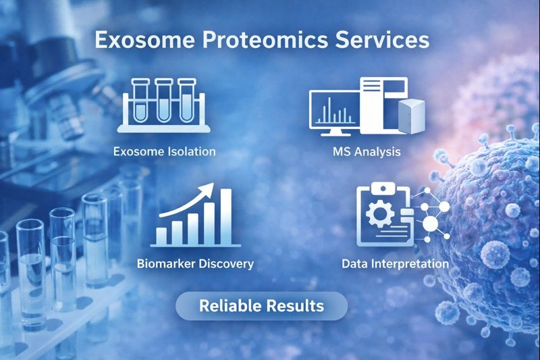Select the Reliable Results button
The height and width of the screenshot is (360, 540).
click(x=261, y=306)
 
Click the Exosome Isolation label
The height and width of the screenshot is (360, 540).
click(x=165, y=151)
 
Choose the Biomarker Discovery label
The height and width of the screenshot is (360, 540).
click(x=195, y=263)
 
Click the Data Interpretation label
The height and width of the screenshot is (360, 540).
click(x=395, y=263)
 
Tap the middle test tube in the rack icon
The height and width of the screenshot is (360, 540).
click(x=164, y=101)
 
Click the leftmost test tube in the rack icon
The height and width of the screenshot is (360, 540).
click(x=140, y=101)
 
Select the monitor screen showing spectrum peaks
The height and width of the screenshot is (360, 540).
click(x=335, y=111)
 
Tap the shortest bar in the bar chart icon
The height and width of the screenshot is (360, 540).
click(x=163, y=235)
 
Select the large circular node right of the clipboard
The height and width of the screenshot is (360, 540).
click(x=430, y=224)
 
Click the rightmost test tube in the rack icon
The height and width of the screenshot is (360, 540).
click(x=187, y=101)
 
